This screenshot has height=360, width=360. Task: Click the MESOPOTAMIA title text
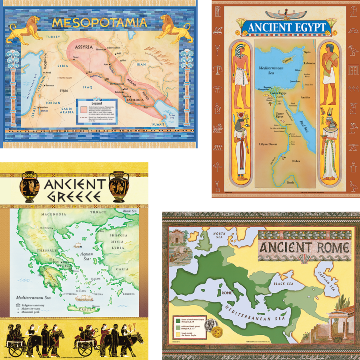[100, 23]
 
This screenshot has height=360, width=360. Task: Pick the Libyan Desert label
[269, 143]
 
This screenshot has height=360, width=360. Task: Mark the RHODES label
[128, 294]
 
